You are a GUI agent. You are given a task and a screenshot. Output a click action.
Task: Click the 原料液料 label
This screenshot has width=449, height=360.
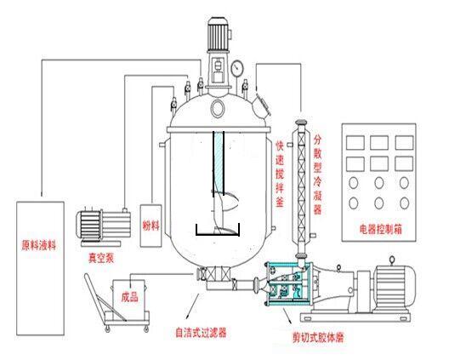click(39, 245)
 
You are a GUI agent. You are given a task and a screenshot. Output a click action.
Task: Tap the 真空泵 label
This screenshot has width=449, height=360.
click(101, 258)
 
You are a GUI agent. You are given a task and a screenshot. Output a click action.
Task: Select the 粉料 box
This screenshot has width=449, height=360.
click(151, 226)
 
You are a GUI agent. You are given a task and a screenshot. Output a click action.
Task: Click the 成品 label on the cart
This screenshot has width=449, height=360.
click(130, 297)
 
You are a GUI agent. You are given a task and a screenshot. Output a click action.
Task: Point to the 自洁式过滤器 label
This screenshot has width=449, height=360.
click(201, 333)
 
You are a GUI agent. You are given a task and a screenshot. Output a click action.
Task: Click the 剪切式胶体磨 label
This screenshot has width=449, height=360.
click(318, 338)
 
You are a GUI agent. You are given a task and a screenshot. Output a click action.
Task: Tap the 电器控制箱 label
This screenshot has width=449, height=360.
click(381, 229)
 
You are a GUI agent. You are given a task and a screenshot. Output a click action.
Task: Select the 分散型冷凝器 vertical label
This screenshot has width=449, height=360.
click(317, 174)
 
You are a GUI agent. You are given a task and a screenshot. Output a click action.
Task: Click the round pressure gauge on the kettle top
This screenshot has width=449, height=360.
click(237, 68)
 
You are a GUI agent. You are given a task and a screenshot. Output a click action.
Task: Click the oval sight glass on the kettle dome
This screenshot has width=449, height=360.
click(218, 108)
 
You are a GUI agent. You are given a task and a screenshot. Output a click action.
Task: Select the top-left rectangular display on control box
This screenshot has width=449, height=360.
click(355, 142)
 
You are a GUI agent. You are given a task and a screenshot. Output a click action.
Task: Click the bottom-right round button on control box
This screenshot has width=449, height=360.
click(404, 203)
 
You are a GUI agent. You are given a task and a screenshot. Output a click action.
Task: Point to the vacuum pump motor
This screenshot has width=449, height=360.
click(88, 225)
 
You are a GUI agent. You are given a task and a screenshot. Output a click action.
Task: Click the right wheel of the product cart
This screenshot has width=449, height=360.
click(146, 329)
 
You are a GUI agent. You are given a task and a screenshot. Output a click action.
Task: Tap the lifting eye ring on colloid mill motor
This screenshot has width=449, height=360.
click(392, 260)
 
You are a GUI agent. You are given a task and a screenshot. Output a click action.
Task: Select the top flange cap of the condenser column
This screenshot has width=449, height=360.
click(302, 123)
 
